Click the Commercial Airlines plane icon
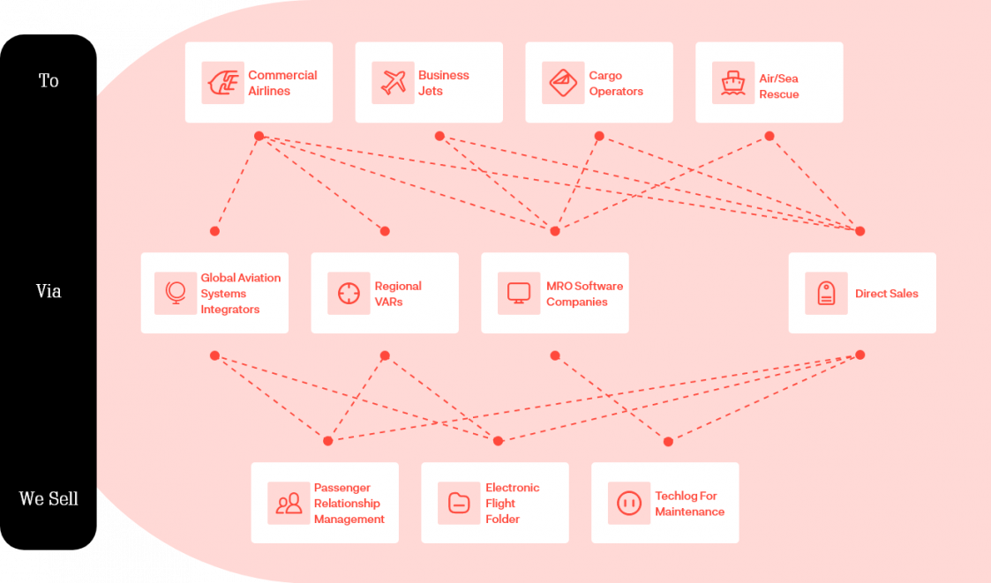pos(223,83)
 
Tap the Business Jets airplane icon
pos(393,83)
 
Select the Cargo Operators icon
pos(563,83)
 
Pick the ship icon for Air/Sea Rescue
pos(733,83)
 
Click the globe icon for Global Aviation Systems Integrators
pos(176,293)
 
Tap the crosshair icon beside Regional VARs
pos(349,293)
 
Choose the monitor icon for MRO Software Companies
pos(519,293)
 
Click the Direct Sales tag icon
pos(826,293)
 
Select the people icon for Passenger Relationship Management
pos(289,504)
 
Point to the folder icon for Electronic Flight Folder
pos(459,504)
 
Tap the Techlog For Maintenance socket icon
pos(629,504)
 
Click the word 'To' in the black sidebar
pos(49,81)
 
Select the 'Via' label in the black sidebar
pos(49,291)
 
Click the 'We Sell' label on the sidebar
pos(49,499)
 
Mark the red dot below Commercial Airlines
pos(259,136)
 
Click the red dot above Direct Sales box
pos(860,231)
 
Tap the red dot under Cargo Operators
pos(599,136)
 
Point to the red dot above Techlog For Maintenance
pos(668,442)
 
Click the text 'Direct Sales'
pos(887,294)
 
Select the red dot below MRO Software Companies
pos(555,355)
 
